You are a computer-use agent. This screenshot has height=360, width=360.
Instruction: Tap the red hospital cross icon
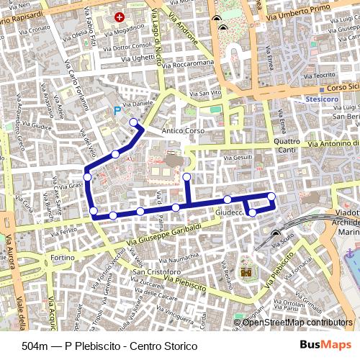click(x=120, y=16)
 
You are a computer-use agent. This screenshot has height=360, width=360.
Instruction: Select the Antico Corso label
click(x=184, y=131)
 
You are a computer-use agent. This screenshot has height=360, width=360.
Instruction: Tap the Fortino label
click(x=61, y=257)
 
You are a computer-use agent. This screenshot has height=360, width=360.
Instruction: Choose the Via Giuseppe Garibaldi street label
click(x=163, y=235)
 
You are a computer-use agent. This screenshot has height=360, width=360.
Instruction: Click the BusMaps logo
click(x=325, y=346)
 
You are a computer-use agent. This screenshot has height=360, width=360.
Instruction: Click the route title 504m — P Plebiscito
click(x=109, y=346)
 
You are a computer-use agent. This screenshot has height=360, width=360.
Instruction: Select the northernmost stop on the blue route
click(x=133, y=122)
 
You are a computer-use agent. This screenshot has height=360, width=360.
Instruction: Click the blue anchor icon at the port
click(x=350, y=253)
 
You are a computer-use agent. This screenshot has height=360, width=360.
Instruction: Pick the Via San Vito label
click(x=205, y=93)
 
